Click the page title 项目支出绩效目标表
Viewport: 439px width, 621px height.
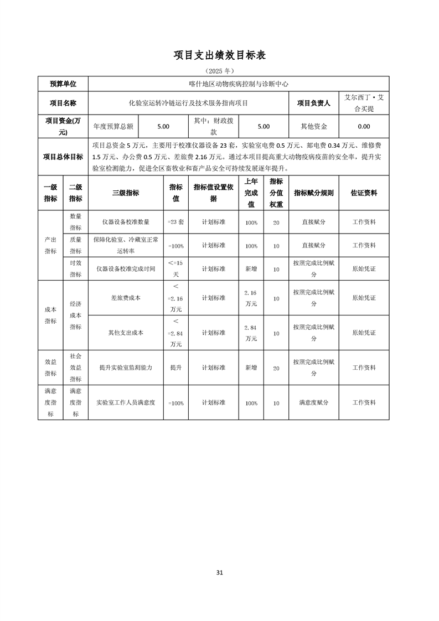220,55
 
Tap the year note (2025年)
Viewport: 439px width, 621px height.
220,71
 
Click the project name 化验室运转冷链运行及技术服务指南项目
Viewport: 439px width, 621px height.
188,103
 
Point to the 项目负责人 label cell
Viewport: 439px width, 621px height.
313,103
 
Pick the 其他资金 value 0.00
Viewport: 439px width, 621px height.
364,126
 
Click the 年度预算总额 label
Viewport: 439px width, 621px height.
113,126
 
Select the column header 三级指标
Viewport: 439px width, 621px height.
126,193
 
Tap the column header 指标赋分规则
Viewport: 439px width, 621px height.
313,193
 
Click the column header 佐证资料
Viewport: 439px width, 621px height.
364,193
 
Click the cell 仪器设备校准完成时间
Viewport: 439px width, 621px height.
126,269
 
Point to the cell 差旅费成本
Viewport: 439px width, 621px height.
126,298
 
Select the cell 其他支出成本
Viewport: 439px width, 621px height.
126,333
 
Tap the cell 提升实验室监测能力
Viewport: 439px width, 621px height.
126,368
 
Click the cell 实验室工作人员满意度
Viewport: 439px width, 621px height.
126,403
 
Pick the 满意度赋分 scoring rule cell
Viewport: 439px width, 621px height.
313,403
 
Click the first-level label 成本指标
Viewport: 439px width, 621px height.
50,315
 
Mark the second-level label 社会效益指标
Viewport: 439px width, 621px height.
76,368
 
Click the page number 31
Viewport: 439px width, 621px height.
220,572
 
